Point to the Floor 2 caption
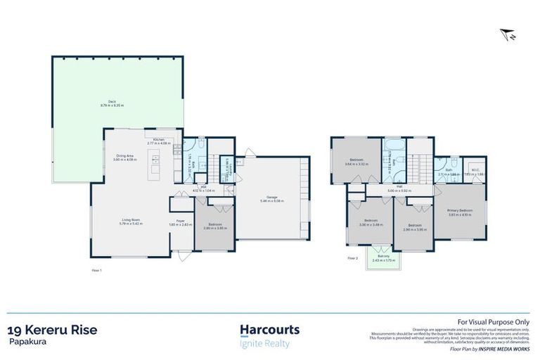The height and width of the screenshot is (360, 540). tap(353, 259)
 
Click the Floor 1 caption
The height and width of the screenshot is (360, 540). tap(97, 270)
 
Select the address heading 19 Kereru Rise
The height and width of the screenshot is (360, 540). tap(52, 329)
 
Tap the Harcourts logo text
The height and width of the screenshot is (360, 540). tap(269, 329)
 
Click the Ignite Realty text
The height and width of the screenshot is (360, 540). tap(265, 344)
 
